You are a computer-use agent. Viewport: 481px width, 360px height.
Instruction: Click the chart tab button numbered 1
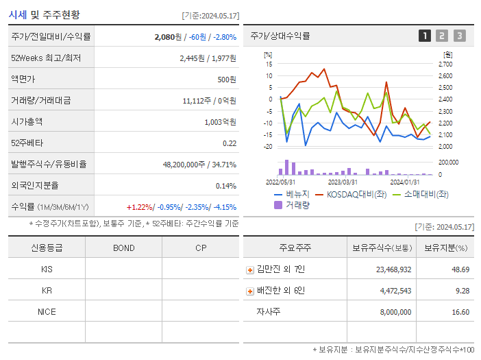425,36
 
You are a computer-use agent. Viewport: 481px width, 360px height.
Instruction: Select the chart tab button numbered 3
459,36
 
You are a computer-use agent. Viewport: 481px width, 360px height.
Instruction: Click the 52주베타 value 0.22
229,143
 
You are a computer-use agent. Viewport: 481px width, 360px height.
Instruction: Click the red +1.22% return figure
140,207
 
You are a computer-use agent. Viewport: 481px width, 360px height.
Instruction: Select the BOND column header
123,248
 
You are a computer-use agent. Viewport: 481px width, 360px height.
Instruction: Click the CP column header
200,248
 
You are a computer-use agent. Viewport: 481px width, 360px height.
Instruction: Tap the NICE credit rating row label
47,311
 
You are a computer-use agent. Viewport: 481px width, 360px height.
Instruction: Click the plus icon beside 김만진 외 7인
250,270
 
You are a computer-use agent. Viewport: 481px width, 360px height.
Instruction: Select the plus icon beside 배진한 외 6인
250,291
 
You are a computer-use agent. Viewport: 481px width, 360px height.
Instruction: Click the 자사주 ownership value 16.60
460,312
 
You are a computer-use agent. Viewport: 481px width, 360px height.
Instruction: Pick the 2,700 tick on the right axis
445,64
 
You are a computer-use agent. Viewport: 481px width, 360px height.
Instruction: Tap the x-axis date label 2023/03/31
343,182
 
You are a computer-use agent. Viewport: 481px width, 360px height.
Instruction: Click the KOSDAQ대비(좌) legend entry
353,194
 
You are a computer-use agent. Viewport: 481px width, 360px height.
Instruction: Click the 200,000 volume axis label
448,163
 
